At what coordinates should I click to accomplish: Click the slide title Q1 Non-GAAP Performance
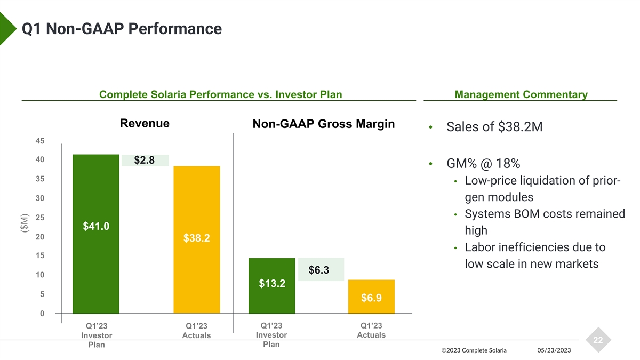tap(122, 28)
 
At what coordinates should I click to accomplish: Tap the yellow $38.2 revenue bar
tap(196, 239)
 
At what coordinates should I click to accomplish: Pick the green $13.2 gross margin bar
tap(272, 285)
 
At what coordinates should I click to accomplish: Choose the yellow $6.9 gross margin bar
tap(371, 297)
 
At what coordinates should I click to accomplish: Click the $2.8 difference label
tap(145, 160)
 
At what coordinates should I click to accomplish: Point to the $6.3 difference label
tap(319, 270)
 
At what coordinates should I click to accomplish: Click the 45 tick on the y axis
tap(41, 141)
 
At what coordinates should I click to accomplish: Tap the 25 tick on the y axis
tap(41, 218)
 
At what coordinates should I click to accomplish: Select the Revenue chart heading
tap(145, 124)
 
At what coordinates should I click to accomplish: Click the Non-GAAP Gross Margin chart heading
tap(324, 124)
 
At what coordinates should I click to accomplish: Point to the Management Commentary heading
tap(521, 95)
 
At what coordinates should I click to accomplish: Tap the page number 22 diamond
tap(597, 340)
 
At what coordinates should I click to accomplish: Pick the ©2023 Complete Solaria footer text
tap(474, 350)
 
